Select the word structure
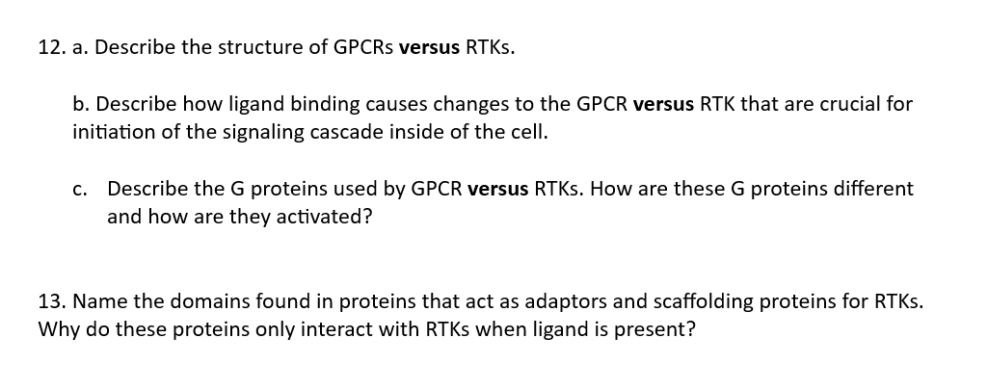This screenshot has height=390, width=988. click(258, 48)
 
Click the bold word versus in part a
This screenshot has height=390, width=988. click(429, 48)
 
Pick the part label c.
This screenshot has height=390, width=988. click(79, 190)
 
